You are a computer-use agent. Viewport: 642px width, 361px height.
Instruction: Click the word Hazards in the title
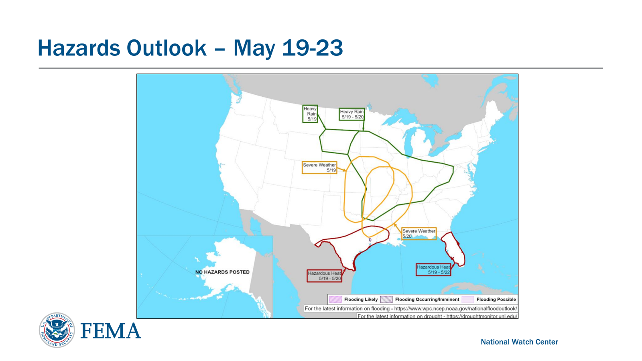(x=79, y=48)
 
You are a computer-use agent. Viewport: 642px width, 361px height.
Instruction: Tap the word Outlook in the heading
(x=166, y=48)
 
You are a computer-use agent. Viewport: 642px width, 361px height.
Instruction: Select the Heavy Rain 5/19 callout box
(x=310, y=114)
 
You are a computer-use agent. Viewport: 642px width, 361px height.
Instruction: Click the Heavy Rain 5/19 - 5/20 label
(x=351, y=114)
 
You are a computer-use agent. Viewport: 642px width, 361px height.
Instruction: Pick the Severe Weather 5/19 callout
(x=319, y=167)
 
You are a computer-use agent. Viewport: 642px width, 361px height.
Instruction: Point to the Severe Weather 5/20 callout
(x=419, y=233)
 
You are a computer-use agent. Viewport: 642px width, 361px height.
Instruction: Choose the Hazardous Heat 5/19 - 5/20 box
(x=325, y=276)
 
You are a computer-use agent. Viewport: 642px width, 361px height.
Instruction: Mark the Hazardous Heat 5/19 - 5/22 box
(x=433, y=269)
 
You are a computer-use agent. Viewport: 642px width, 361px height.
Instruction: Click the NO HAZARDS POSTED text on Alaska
(x=222, y=272)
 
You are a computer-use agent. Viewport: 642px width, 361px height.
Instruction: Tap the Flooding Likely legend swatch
(x=335, y=299)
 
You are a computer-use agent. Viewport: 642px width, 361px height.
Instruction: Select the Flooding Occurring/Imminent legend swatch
(x=386, y=299)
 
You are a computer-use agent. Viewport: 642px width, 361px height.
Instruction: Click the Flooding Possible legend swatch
(x=468, y=299)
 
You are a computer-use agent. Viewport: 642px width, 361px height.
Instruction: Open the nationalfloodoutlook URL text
(x=456, y=308)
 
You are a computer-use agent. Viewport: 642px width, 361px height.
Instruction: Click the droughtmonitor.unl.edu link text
(x=482, y=316)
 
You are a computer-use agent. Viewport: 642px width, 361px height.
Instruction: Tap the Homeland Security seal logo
(x=57, y=330)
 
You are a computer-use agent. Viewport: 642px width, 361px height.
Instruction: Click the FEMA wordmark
(x=111, y=330)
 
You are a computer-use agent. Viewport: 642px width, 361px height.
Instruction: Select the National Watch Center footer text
(x=519, y=342)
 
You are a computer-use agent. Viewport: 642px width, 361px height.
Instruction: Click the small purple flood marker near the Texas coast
(x=370, y=240)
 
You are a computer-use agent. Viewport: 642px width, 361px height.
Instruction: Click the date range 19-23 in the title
(x=313, y=48)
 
